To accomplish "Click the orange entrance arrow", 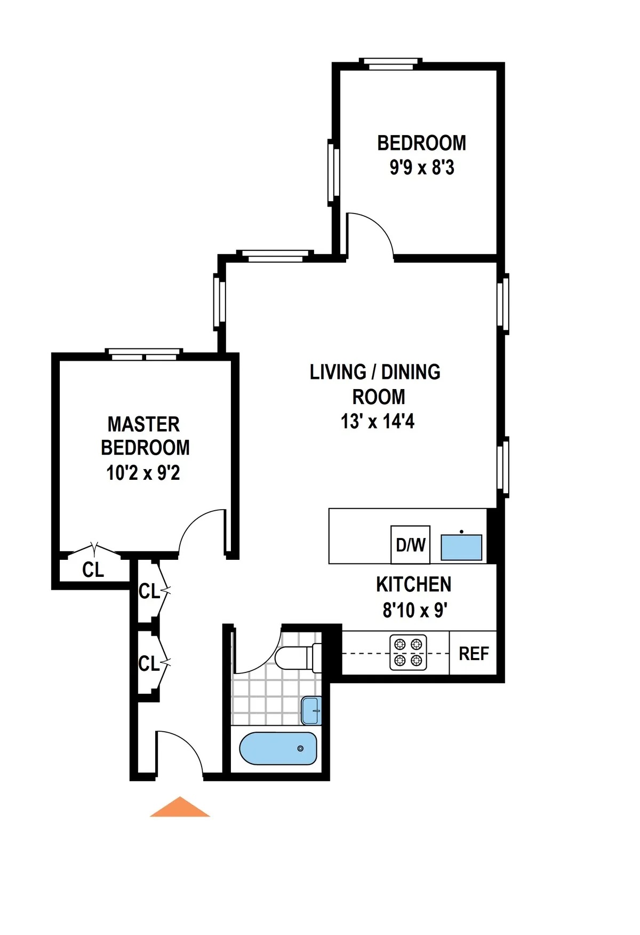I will coord(180,808).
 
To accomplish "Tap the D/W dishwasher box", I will coord(410,545).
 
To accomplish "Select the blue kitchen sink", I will coord(461,548).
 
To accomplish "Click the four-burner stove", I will coord(408,653).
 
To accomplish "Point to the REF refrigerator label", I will coord(474,654).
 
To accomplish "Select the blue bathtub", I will coord(278,748).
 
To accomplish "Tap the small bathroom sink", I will coord(311,710).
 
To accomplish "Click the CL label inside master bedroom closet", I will coord(93,570).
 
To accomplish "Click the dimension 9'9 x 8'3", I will coord(422,168).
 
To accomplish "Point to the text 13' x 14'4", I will coord(378,422).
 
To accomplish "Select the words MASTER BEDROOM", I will coord(145,436).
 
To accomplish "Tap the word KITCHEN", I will coord(414,585).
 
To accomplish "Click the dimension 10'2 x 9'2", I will coord(143,473).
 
